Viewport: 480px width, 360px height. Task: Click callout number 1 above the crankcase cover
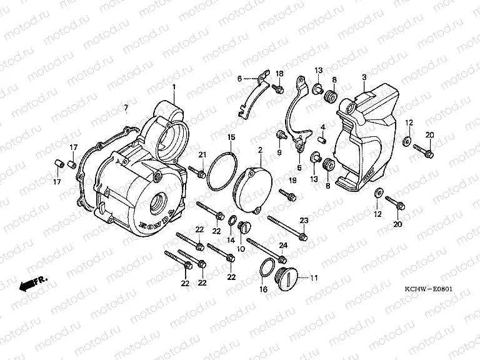(x=174, y=87)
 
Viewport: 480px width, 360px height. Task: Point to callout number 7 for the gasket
(x=126, y=108)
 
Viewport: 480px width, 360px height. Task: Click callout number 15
(x=231, y=137)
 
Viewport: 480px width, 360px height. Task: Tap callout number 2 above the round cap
(x=259, y=151)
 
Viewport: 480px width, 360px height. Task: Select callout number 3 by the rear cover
(x=364, y=77)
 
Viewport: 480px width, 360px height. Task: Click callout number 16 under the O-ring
(x=263, y=289)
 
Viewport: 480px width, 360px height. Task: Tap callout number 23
(x=304, y=220)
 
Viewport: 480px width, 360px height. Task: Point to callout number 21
(x=202, y=155)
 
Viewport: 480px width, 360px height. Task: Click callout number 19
(x=292, y=181)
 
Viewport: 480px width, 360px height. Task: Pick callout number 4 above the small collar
(x=323, y=127)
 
